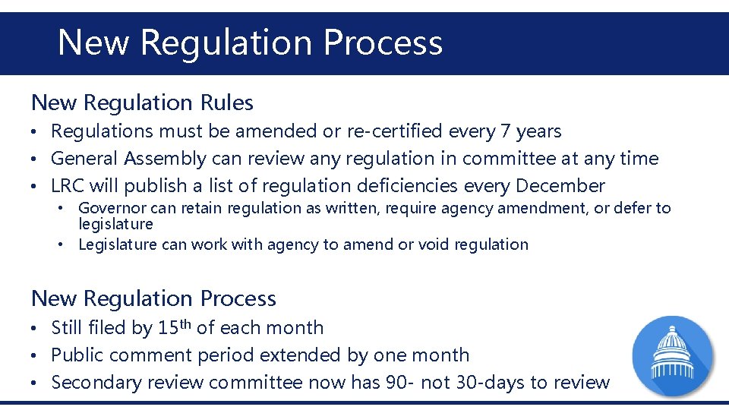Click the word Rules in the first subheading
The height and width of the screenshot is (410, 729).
point(226,102)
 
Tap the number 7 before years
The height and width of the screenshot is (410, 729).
point(505,131)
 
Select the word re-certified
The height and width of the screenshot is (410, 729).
point(395,131)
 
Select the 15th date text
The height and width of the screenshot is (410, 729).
point(175,327)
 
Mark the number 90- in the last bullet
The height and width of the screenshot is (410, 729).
point(394,382)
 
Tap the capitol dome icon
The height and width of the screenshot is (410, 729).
point(673,355)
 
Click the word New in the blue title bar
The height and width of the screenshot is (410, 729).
point(93,43)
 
